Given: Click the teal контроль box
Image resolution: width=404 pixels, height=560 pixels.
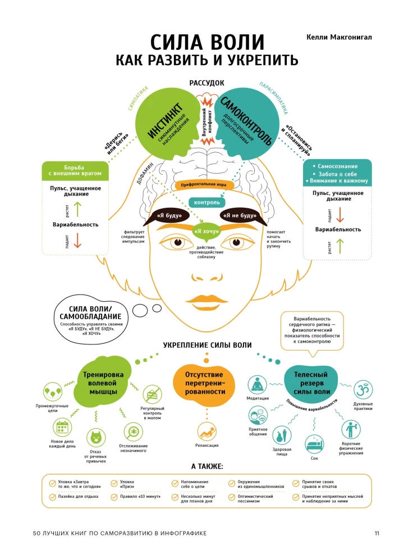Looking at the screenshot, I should (206, 202).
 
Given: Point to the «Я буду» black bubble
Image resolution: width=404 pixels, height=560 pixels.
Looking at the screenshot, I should (168, 216).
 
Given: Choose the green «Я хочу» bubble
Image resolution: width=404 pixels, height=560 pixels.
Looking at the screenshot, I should (206, 231).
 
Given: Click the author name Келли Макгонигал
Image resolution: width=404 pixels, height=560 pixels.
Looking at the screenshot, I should (339, 36).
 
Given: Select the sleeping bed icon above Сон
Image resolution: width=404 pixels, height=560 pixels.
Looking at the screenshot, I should (315, 445).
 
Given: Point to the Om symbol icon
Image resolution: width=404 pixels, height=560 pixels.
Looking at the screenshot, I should (363, 389).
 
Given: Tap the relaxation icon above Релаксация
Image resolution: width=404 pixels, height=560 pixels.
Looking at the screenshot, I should (206, 432).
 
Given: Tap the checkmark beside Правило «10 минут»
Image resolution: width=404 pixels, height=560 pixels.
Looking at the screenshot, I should (113, 496).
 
